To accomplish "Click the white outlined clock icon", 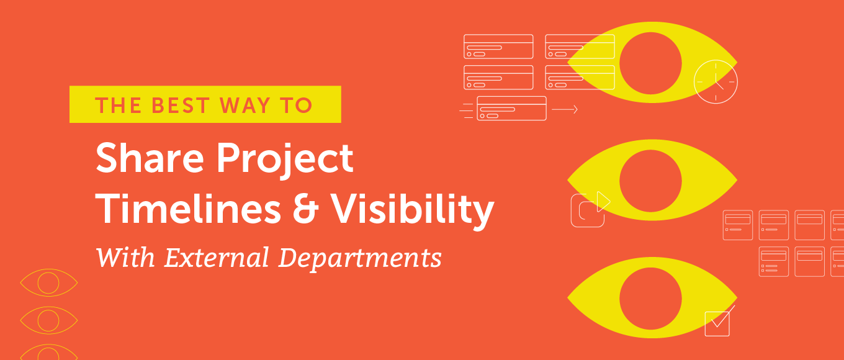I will tap(716, 82).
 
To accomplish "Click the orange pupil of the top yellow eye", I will tap(650, 63).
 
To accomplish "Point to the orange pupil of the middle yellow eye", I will tap(650, 181).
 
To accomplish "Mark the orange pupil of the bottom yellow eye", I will tap(650, 299).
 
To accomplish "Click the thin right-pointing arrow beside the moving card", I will tap(565, 109).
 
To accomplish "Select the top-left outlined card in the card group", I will tap(498, 47).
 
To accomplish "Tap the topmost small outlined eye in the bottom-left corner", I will tap(48, 283).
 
